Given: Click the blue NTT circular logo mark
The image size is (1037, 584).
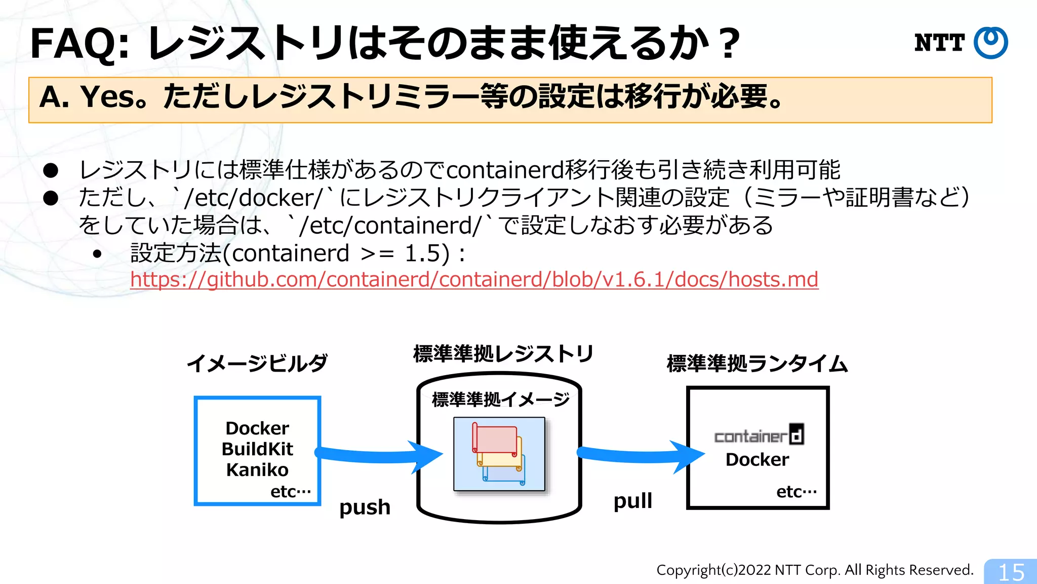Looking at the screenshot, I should point(990,43).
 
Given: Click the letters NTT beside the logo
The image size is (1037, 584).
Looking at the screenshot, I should point(939,43).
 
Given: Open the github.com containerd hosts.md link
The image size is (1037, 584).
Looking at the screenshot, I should point(474,279).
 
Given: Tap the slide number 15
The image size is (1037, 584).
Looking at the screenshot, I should point(1011,572).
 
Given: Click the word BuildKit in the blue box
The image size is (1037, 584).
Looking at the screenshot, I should point(257,449).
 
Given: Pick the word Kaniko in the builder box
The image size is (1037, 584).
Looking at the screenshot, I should point(257,470).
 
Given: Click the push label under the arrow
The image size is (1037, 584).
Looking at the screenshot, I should point(365,507).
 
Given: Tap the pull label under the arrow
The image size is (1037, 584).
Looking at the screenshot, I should point(632,501).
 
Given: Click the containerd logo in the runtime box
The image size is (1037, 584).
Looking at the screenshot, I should point(759,435).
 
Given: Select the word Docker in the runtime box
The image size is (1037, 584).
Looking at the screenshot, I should point(757,460).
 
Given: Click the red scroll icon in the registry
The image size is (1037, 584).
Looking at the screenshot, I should point(495,439).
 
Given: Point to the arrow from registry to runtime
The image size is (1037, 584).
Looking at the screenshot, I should point(640,455).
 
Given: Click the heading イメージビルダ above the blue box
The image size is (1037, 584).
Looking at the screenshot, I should point(257,363).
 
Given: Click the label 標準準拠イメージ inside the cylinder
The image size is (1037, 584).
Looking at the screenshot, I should point(500,399).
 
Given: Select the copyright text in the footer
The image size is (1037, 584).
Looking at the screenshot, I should point(815,570).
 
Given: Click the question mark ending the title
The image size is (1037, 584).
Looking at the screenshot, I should point(731,44).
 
